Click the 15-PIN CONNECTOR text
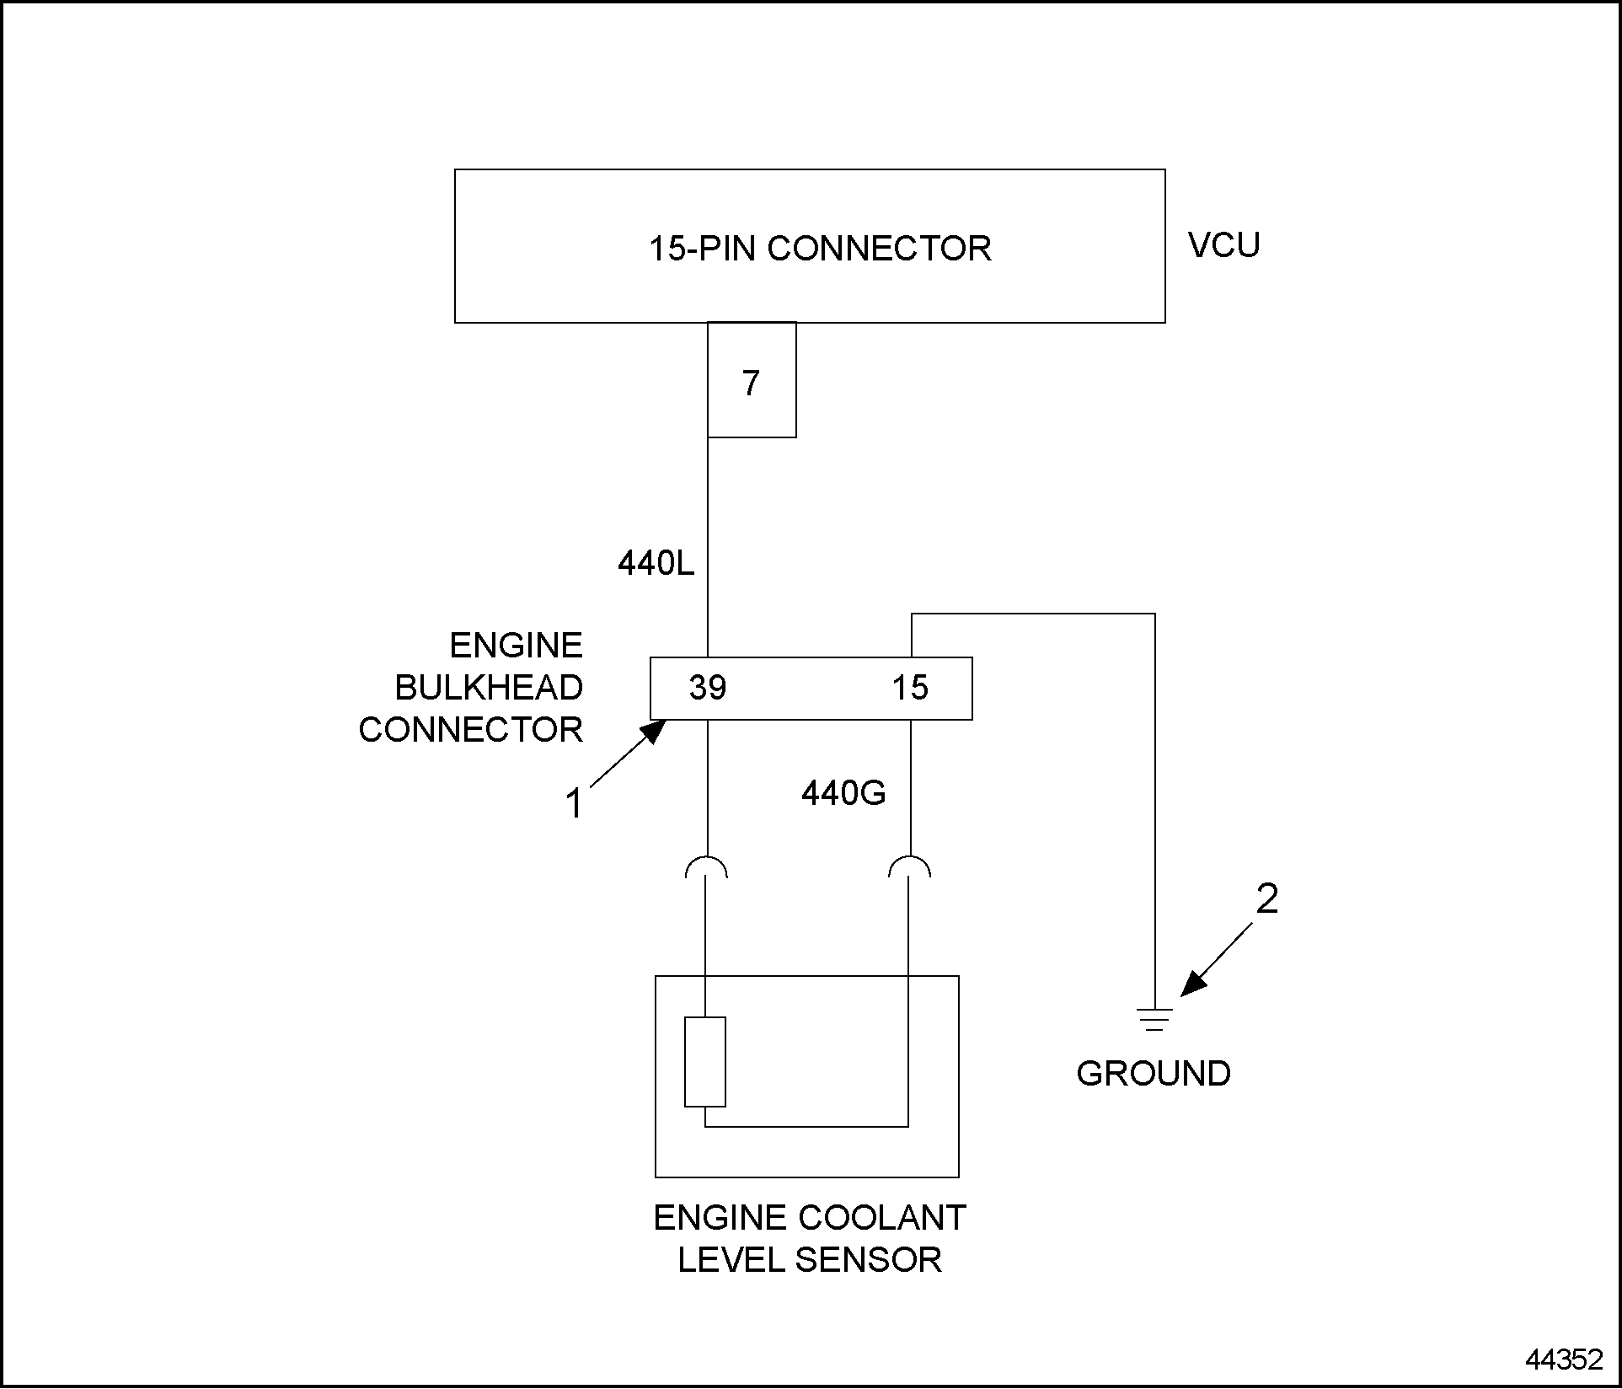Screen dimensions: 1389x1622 pos(819,249)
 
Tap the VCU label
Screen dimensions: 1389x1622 pos(1223,245)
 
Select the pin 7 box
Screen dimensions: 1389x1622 pos(752,381)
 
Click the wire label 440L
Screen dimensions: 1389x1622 pos(656,563)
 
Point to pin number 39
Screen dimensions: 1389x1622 pos(707,688)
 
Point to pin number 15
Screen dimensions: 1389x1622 pos(910,688)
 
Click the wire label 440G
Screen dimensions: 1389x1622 pos(843,793)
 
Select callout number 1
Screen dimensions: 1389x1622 pos(574,803)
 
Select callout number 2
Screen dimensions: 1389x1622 pos(1266,899)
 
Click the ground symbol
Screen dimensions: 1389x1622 pos(1154,1019)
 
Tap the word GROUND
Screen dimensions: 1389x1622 pos(1154,1074)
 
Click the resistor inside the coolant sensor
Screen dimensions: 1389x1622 pos(705,1062)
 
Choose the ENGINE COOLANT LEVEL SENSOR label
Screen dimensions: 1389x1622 pos(810,1239)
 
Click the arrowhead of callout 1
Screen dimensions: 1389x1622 pos(656,728)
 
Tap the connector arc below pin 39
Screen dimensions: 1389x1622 pos(707,866)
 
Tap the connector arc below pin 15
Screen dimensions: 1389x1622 pos(910,866)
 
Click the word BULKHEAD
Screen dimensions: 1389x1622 pos(489,688)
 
